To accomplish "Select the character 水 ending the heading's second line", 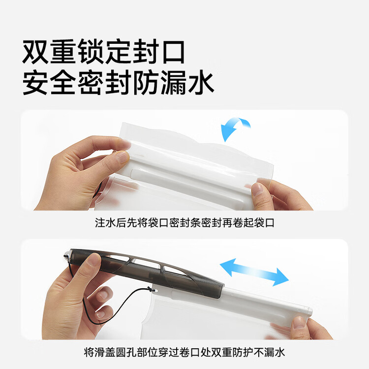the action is tap(201, 83).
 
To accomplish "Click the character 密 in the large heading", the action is tap(91, 83).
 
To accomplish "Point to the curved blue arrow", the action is tap(234, 128).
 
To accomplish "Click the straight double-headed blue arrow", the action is tap(254, 272).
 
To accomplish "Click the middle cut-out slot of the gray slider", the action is tap(146, 264).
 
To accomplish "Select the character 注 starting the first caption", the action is tap(100, 222).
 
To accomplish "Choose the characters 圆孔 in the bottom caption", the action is tap(126, 352).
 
